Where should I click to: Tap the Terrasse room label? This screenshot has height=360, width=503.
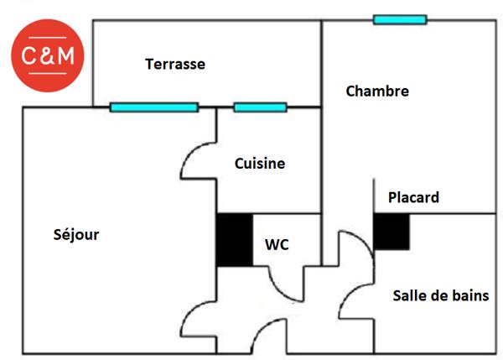174,64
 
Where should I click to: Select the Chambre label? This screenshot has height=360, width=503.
377,91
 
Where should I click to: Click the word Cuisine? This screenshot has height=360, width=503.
260,164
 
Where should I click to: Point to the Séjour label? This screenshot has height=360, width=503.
75,234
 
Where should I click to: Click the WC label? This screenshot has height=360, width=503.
277,244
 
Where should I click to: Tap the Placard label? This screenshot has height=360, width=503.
413,197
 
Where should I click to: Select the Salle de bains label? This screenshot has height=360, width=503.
440,295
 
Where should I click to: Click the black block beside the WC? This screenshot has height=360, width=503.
235,240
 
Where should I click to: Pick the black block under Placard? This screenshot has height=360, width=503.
391,232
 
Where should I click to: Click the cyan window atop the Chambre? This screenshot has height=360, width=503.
400,19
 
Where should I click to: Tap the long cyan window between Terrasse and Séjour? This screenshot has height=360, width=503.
154,107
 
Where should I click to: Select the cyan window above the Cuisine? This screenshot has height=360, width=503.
260,107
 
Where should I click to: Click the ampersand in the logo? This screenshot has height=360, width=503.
48,56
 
